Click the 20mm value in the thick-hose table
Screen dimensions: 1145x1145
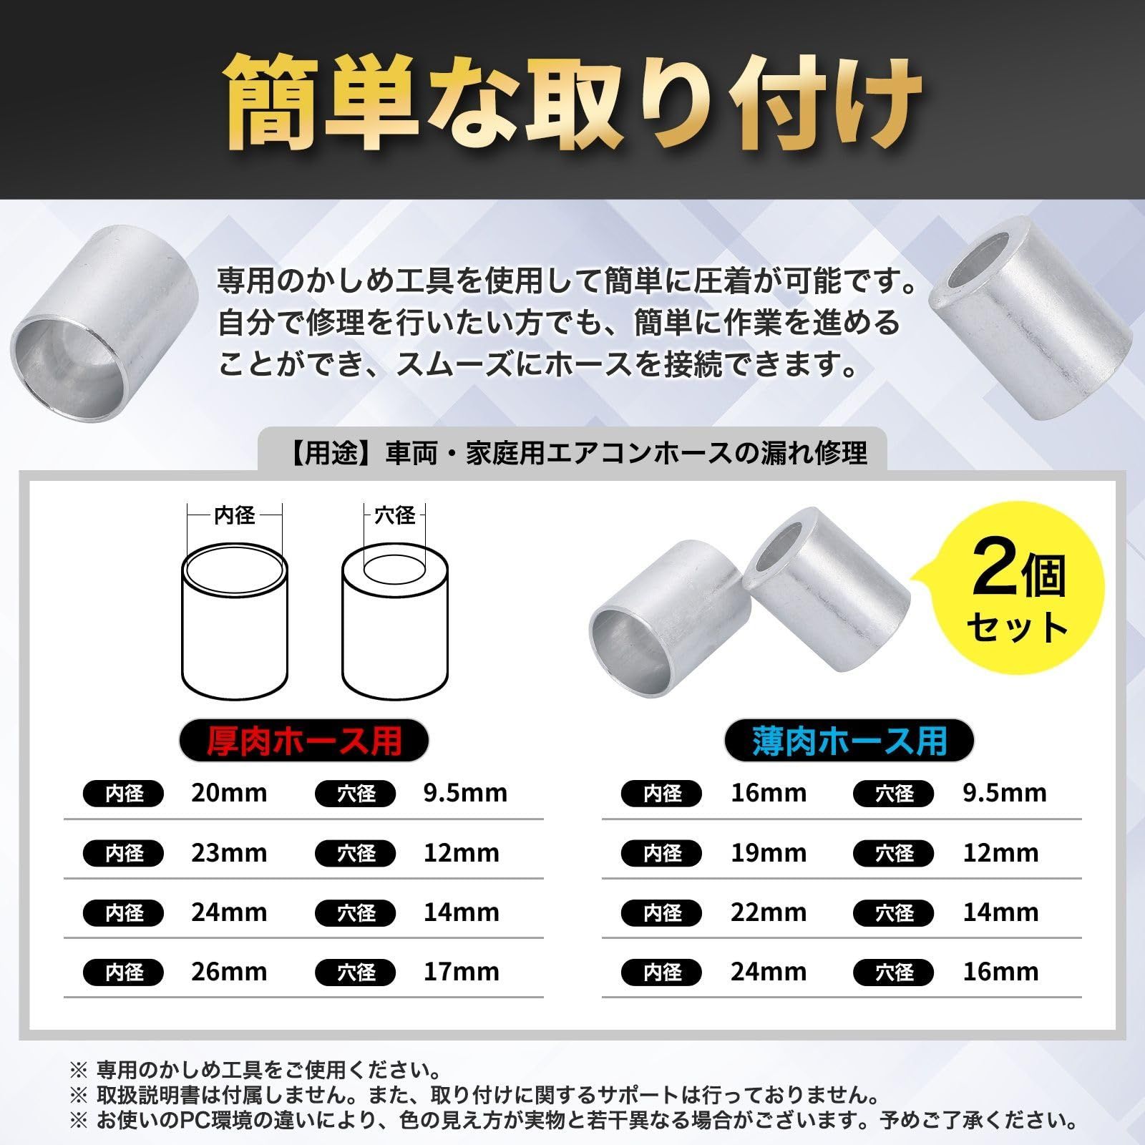tap(228, 793)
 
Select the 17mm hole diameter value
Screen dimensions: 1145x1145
tap(461, 972)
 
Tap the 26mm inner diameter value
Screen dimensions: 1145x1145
tap(228, 972)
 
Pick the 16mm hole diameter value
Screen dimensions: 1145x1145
tap(1000, 972)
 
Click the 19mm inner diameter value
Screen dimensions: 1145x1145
tap(768, 853)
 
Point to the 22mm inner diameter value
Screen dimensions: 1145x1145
tap(768, 912)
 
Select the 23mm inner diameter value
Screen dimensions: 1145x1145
tap(228, 853)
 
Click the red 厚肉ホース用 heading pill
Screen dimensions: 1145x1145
tap(303, 741)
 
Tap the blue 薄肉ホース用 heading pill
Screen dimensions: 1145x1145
tap(849, 741)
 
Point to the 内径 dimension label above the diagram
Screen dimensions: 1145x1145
tap(234, 515)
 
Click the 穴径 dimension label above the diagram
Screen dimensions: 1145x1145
tap(394, 515)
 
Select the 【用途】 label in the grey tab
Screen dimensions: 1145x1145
tap(329, 453)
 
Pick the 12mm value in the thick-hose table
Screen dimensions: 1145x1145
tap(461, 853)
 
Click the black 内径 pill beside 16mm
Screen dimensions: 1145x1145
tap(662, 794)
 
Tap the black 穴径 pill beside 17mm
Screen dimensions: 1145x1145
tap(356, 973)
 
